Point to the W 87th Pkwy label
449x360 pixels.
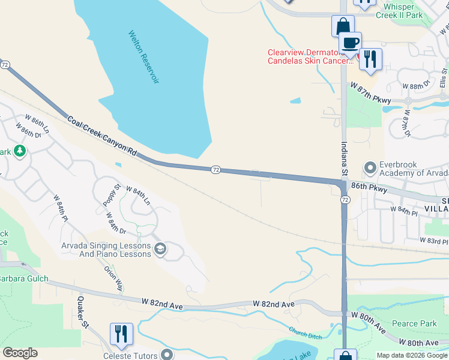[x=371, y=94]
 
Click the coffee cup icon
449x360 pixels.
[x=351, y=43]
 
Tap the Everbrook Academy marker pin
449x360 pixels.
[x=369, y=167]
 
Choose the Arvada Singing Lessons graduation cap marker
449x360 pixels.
[x=160, y=249]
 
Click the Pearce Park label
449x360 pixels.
[x=414, y=324]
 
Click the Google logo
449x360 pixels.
[x=20, y=353]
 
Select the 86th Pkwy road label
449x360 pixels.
[x=368, y=187]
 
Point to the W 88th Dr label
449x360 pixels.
[x=417, y=83]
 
